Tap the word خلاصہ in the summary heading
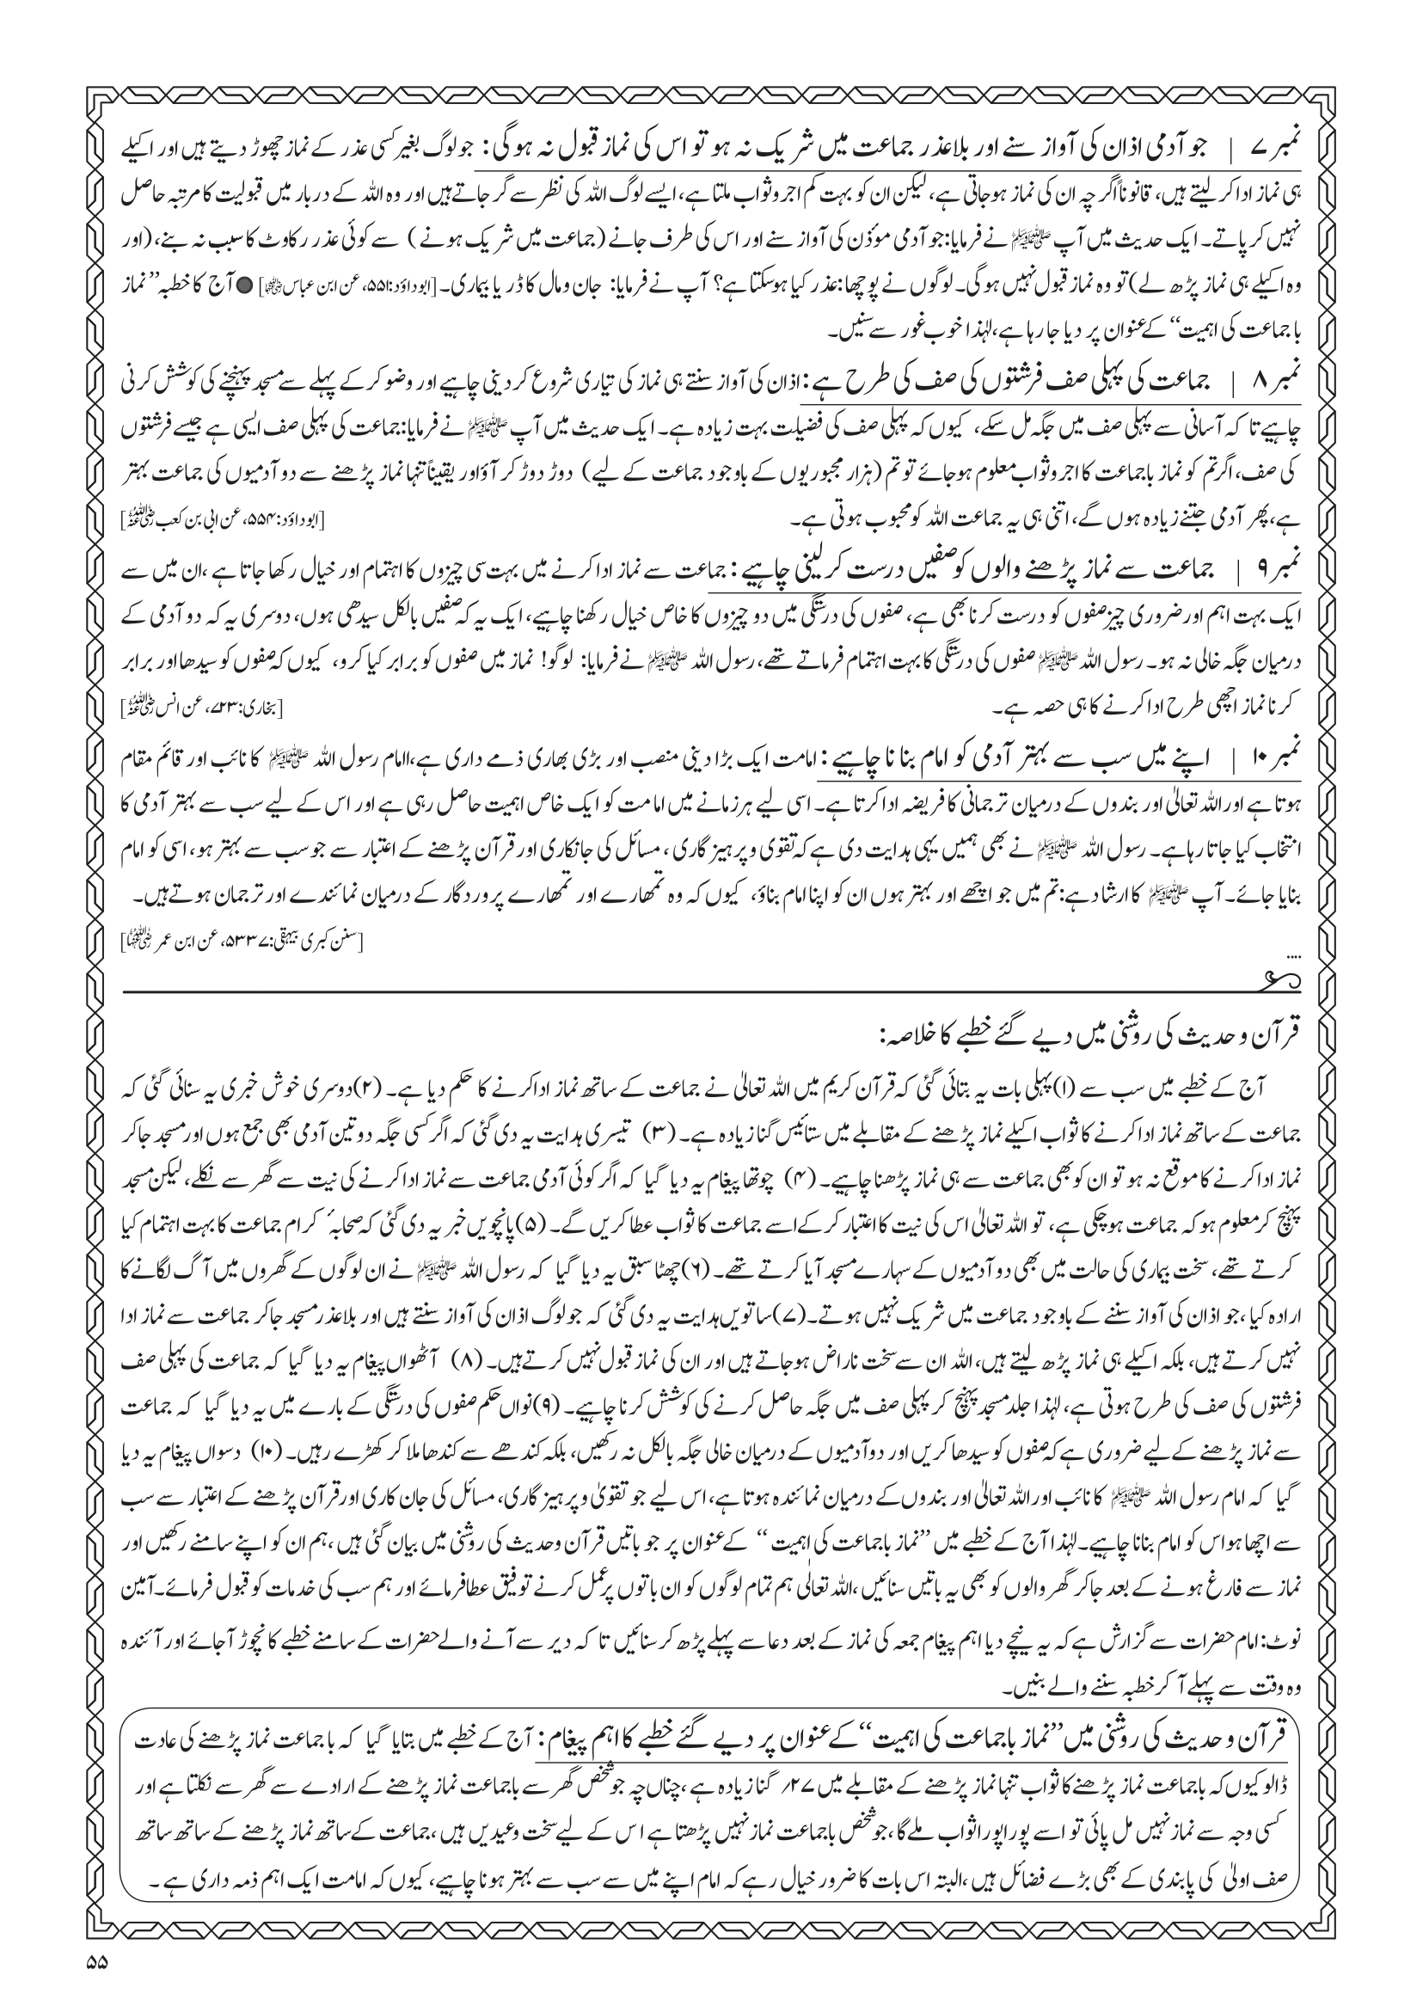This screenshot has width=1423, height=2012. (920, 1034)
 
